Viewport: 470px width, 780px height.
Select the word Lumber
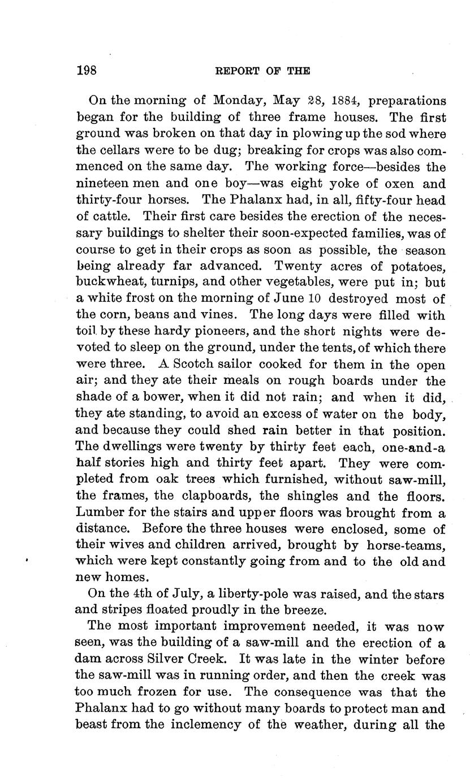[x=99, y=513]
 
